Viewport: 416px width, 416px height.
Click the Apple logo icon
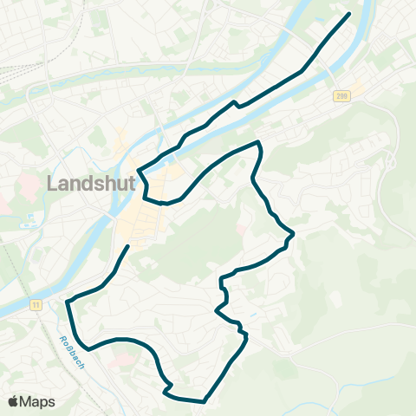pyautogui.click(x=14, y=400)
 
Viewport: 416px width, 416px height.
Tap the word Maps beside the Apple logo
pyautogui.click(x=38, y=401)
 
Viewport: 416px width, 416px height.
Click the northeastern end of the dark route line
pyautogui.click(x=349, y=14)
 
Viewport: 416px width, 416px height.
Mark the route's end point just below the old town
pyautogui.click(x=128, y=246)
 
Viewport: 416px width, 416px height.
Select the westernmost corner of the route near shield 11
pyautogui.click(x=67, y=302)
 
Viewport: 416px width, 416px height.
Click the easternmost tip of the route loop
pyautogui.click(x=293, y=234)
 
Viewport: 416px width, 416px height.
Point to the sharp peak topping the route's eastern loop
pyautogui.click(x=258, y=141)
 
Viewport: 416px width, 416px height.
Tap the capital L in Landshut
pyautogui.click(x=50, y=185)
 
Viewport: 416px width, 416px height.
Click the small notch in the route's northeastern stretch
pyautogui.click(x=235, y=104)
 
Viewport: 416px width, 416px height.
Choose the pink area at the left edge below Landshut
pyautogui.click(x=4, y=208)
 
